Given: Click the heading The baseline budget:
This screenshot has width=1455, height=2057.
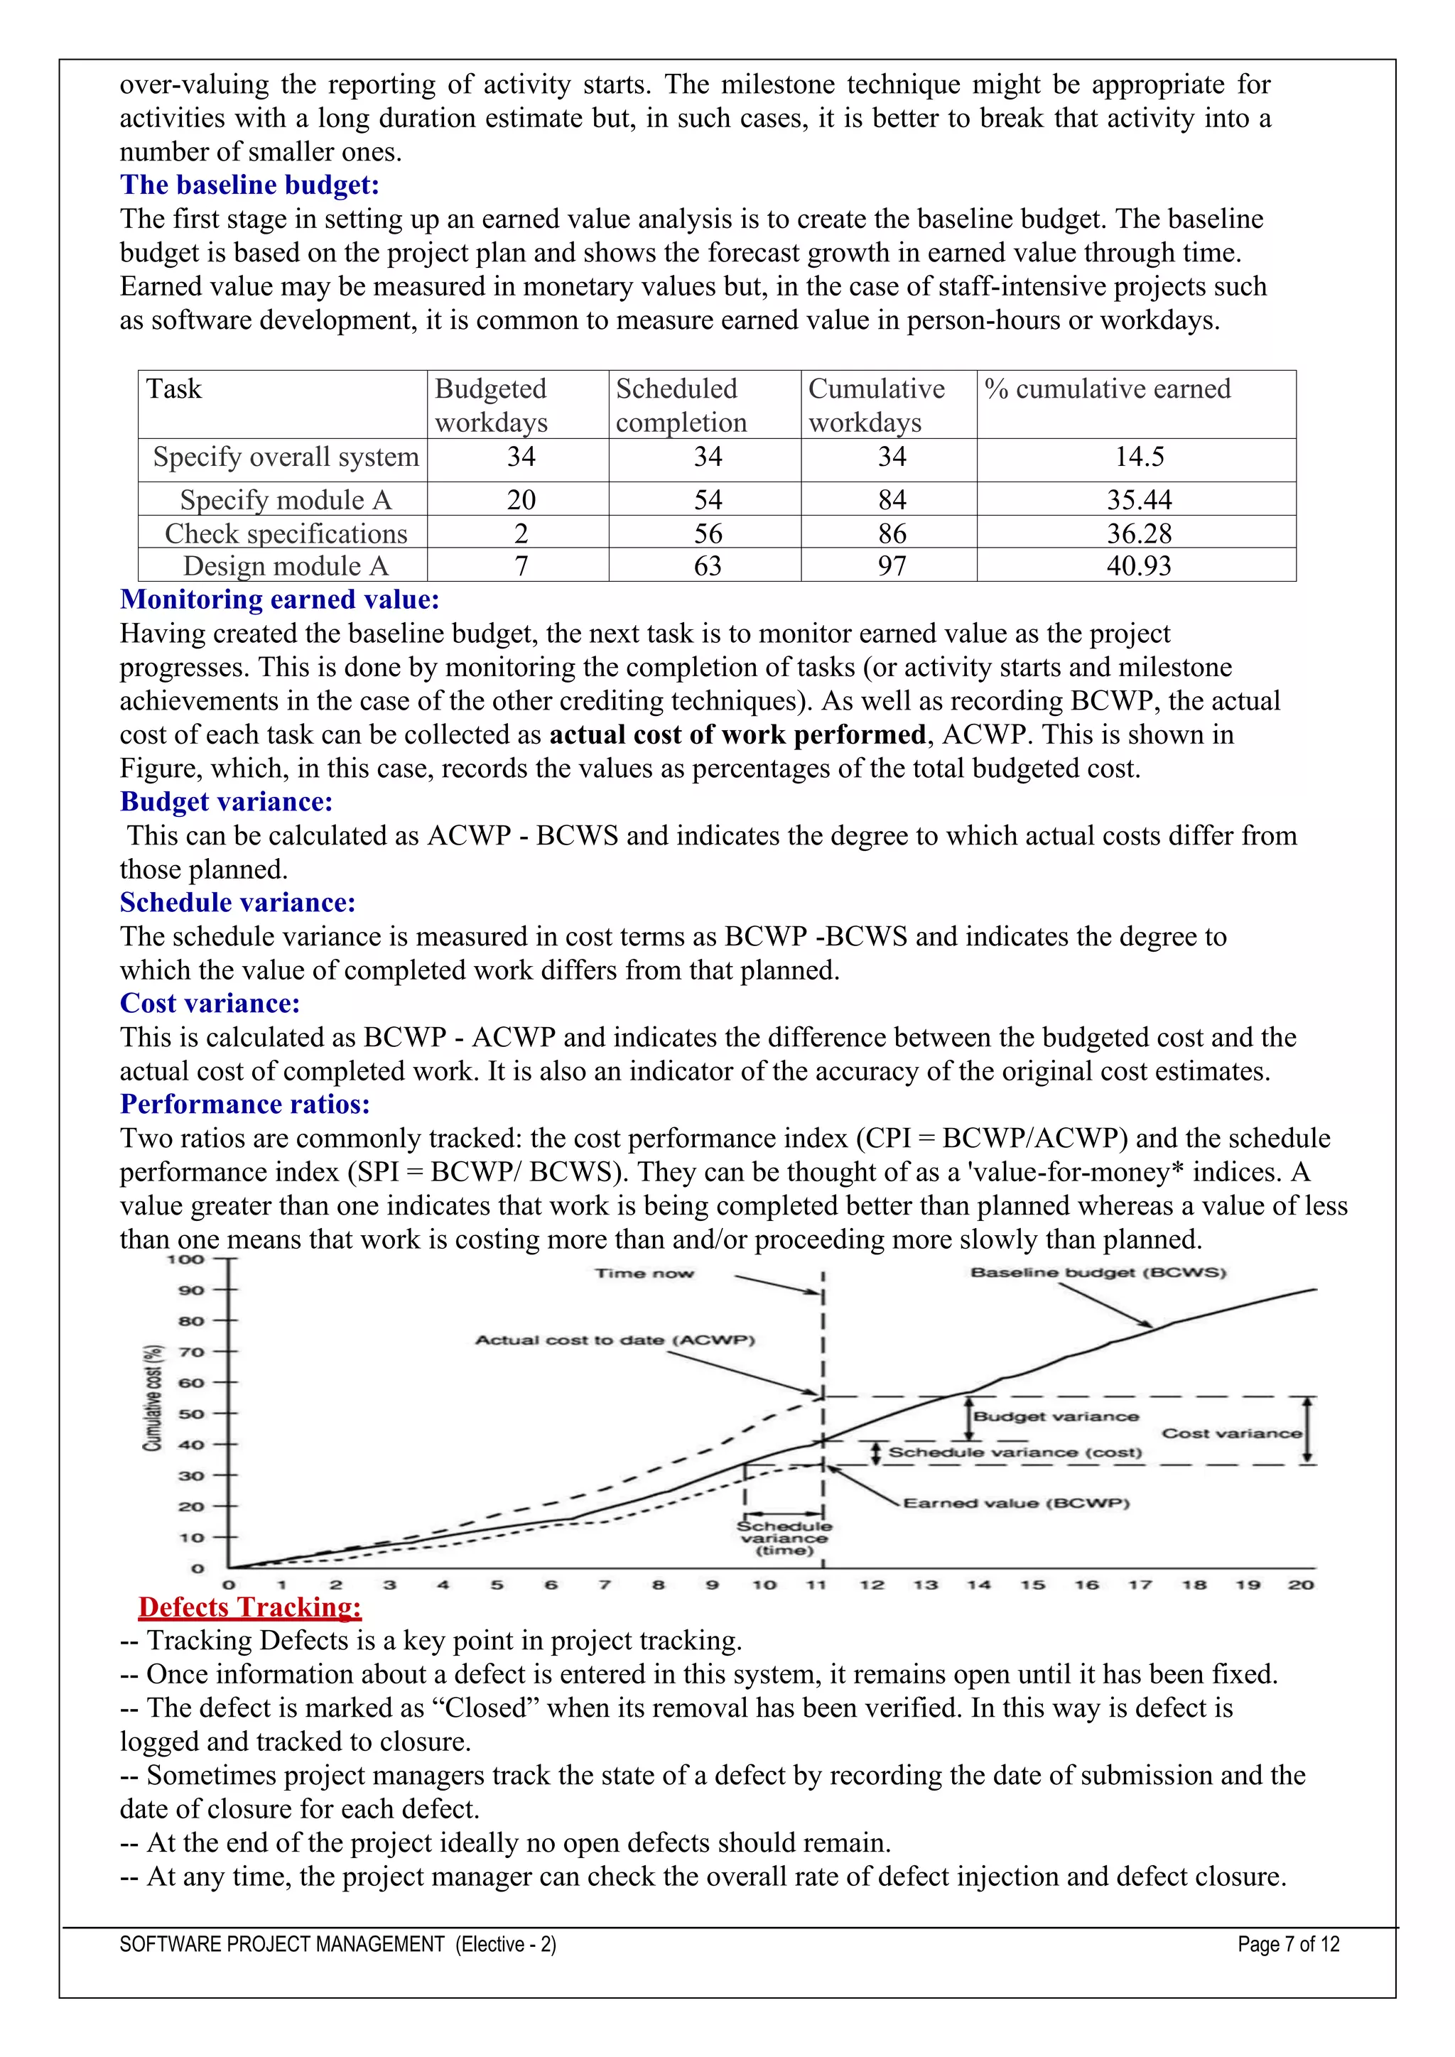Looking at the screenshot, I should click(249, 185).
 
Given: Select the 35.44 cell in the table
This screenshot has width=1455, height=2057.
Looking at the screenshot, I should click(1139, 500).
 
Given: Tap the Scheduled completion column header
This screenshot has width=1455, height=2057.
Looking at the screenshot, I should click(681, 405).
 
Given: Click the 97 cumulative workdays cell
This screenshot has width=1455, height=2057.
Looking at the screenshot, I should click(892, 566).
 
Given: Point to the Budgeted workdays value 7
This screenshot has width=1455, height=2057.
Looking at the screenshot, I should click(521, 566).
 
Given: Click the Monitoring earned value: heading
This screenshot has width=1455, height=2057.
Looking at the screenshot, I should click(279, 599).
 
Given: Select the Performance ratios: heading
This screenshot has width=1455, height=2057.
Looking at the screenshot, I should click(244, 1105).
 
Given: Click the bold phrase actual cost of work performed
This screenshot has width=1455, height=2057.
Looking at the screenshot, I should click(737, 734).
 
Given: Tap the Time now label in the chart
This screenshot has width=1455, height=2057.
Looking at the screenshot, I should click(644, 1273).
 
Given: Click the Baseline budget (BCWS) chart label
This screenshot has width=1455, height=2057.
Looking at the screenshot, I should click(1098, 1272).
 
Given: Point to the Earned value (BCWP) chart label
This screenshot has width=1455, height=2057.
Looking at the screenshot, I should click(1015, 1502).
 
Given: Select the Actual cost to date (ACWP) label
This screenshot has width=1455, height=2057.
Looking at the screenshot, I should click(615, 1340).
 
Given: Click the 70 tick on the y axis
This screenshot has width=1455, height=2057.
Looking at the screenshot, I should click(192, 1352).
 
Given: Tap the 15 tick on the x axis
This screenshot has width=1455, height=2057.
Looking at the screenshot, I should click(1032, 1584).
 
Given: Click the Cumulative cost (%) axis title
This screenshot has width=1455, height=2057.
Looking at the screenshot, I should click(153, 1399).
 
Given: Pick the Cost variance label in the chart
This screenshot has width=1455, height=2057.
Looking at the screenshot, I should click(1231, 1433).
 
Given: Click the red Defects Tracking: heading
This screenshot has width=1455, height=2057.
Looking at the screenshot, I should click(249, 1607).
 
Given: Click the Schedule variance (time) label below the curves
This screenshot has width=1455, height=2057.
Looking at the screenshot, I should click(784, 1537).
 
